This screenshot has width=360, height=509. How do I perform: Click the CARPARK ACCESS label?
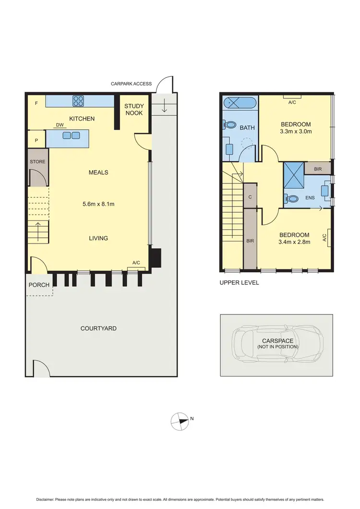point(131,84)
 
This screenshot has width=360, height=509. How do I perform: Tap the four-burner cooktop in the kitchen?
point(78,101)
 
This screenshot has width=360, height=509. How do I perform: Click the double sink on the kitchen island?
point(71,135)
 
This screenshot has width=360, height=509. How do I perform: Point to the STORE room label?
point(37,162)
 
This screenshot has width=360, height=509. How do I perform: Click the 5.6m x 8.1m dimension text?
point(99,204)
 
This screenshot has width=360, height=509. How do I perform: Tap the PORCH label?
point(39,285)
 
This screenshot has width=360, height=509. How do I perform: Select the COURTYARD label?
point(98,328)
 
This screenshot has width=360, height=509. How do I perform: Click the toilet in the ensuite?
point(291,198)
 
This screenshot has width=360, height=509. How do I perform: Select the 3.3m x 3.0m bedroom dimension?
point(296,132)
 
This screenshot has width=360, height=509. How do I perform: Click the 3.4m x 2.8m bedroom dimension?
point(295,242)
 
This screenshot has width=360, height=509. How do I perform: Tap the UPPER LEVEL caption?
point(239,283)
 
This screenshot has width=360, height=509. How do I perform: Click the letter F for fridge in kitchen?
point(36,103)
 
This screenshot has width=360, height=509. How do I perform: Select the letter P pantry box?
point(36,140)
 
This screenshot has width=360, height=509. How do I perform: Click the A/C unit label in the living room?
point(136,263)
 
